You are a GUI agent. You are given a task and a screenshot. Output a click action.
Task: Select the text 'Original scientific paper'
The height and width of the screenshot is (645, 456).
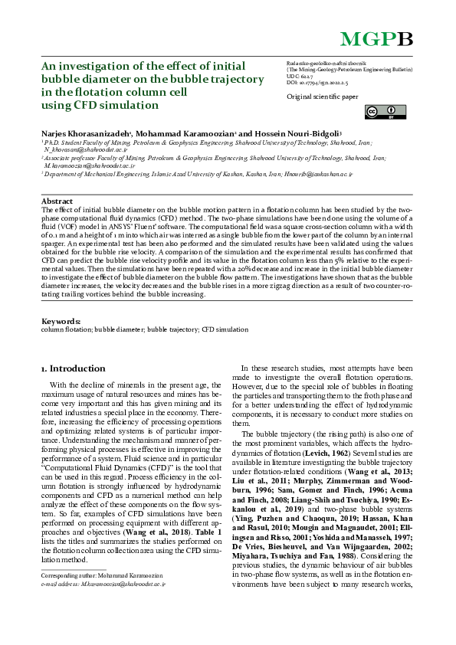click(322, 97)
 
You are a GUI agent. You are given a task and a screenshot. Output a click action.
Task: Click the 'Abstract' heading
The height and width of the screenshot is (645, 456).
click(57, 201)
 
